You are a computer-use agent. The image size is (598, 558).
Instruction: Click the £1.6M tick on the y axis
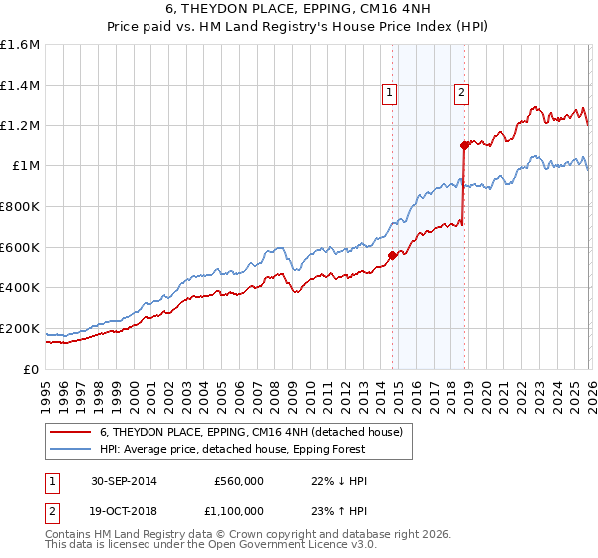(20, 45)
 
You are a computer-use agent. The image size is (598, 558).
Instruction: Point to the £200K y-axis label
(20, 328)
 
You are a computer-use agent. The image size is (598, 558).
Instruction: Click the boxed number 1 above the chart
(389, 93)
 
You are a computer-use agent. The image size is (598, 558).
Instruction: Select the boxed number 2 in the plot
(462, 93)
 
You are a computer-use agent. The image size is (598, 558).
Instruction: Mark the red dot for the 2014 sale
(392, 255)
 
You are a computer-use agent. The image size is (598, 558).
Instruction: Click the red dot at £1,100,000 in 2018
(464, 145)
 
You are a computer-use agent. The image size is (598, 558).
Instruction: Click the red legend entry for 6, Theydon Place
(250, 432)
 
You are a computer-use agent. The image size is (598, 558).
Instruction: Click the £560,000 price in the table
(238, 481)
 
